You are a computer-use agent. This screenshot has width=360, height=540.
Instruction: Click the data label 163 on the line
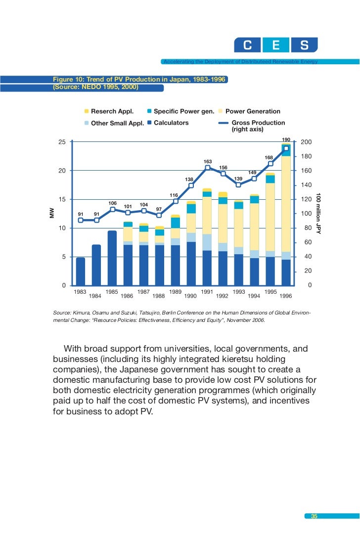(207, 162)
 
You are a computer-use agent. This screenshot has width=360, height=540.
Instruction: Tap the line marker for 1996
(286, 38)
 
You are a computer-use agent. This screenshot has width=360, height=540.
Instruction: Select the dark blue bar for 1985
(112, 258)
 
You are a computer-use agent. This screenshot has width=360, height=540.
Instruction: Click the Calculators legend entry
(171, 123)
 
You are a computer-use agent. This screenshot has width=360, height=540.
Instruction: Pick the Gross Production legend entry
(258, 123)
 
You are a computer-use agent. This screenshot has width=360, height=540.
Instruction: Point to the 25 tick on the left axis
(62, 142)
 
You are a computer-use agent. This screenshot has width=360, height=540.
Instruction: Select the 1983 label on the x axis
(80, 292)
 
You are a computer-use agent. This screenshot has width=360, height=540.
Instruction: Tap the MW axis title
(51, 214)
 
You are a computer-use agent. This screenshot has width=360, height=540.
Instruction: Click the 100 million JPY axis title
(318, 214)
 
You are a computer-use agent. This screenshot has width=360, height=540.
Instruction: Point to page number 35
(314, 516)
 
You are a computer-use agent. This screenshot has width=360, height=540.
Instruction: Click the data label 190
(286, 140)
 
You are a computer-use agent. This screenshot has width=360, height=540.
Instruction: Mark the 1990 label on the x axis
(191, 296)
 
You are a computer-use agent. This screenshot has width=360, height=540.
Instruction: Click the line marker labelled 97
(159, 215)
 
